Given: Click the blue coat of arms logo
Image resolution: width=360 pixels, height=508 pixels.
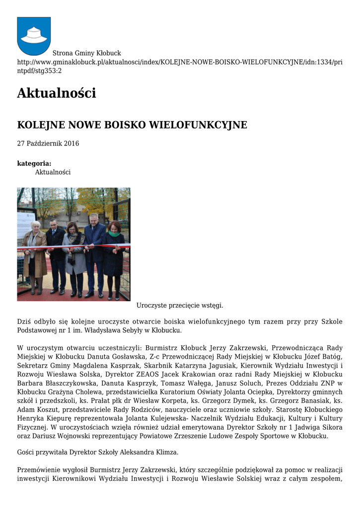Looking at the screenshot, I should pos(34,36).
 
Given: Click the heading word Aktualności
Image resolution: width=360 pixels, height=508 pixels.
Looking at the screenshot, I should pos(56,93).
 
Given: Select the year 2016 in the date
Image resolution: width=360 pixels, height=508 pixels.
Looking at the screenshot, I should pos(71,144).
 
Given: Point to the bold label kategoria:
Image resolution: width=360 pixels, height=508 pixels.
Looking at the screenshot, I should pos(34,163).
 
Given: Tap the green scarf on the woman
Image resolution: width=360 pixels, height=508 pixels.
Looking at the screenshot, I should pos(114,234).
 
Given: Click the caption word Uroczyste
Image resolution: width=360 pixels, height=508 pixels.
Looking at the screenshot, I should pos(152,305).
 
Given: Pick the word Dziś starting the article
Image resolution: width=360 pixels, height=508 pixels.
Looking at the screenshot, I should pos(24,321).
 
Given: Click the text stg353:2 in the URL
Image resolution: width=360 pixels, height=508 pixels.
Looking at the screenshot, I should pos(45,71).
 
